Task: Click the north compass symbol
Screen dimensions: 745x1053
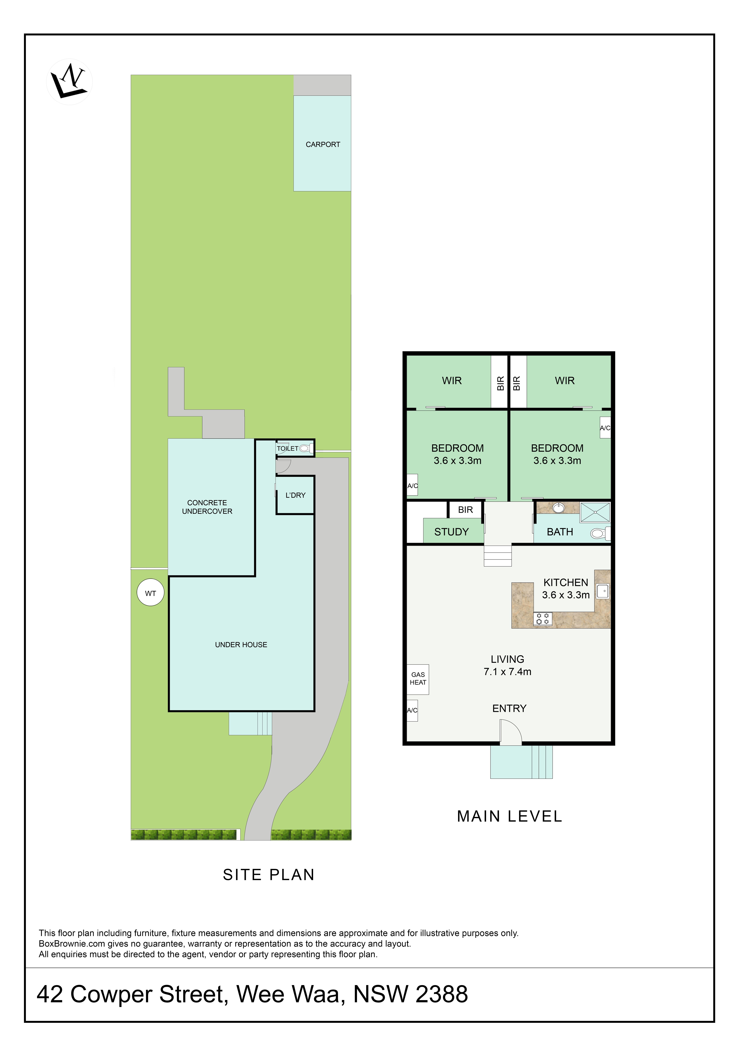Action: point(69,82)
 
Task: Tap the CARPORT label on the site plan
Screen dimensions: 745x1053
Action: point(323,144)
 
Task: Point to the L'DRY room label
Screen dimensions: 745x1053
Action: point(295,495)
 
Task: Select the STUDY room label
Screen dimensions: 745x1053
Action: point(451,532)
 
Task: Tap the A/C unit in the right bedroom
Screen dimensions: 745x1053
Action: point(605,428)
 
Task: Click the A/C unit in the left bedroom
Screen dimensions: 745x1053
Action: point(412,486)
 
